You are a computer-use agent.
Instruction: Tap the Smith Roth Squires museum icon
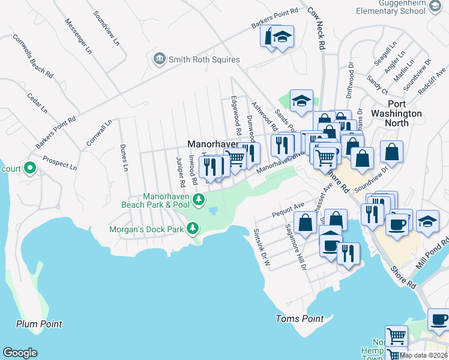click(x=160, y=59)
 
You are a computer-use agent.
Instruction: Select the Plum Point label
click(x=39, y=325)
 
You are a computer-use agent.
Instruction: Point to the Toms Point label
click(x=300, y=319)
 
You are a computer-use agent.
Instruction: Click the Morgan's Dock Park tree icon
click(x=192, y=228)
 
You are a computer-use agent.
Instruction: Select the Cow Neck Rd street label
click(x=317, y=28)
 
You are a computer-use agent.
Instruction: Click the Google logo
click(x=20, y=353)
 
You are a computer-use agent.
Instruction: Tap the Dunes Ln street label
click(x=125, y=154)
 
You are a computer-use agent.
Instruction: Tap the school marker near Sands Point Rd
click(x=301, y=100)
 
